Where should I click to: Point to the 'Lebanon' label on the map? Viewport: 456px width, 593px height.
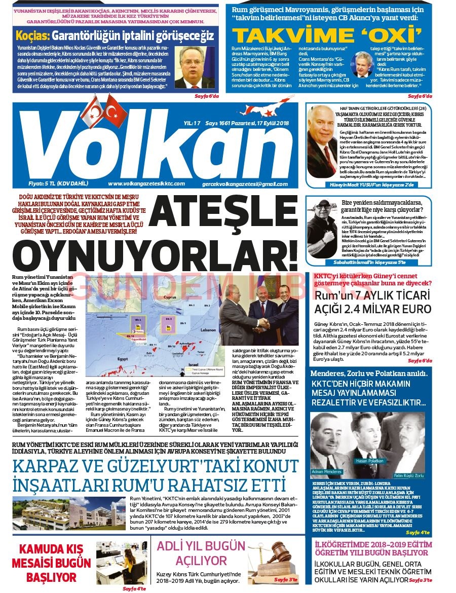205,329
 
